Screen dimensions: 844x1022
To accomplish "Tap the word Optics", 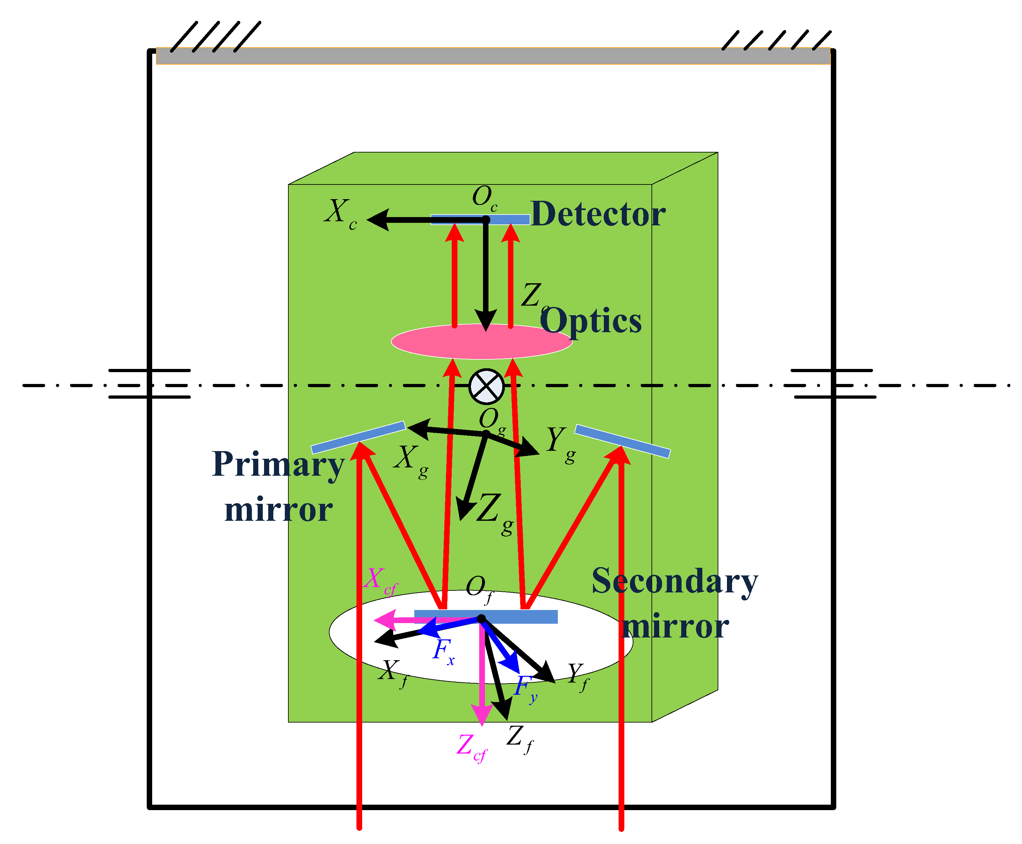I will (591, 321).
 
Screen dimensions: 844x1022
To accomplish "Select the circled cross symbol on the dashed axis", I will (486, 387).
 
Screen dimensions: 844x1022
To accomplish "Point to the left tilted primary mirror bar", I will (358, 437).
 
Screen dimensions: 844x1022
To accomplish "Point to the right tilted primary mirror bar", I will (622, 441).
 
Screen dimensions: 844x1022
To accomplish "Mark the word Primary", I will (278, 464).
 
